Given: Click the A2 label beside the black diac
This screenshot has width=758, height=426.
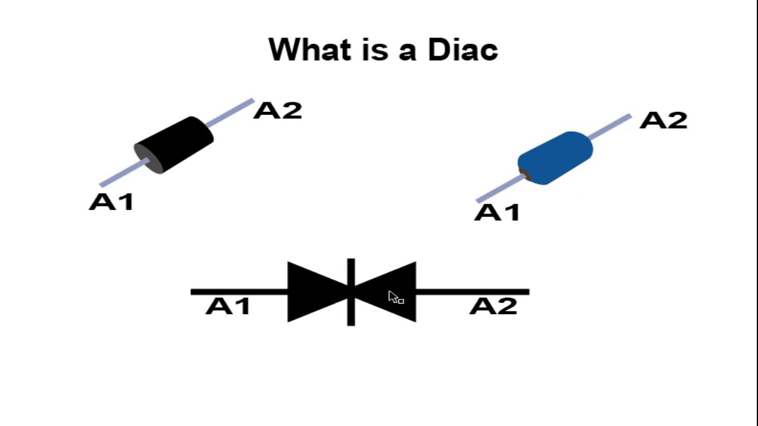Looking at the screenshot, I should pos(277,111).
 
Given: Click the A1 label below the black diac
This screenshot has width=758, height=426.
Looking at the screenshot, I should pos(111,202).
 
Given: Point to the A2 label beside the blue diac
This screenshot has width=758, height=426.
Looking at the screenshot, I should pos(663,121).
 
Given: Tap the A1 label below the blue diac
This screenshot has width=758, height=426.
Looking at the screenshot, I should pos(497,212).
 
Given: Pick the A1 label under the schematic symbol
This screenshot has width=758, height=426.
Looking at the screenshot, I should pos(228,306).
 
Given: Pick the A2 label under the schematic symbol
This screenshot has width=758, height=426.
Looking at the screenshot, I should pos(493,306).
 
